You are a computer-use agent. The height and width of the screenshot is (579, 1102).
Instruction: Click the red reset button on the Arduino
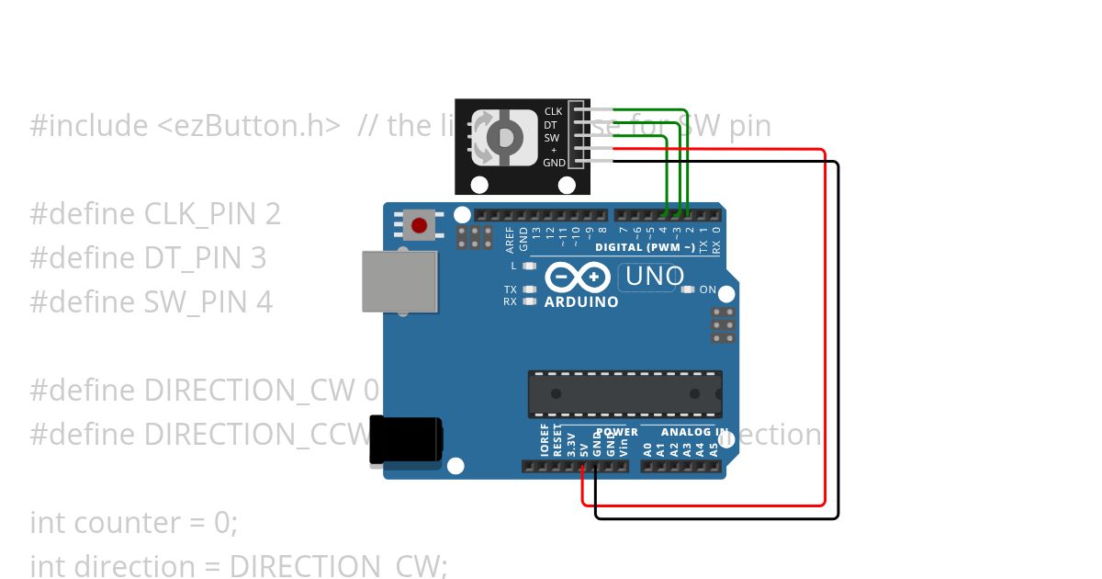coord(420,225)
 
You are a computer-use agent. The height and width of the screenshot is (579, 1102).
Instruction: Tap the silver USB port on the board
coord(399,281)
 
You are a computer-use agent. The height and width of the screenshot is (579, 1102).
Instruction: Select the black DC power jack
coord(405,440)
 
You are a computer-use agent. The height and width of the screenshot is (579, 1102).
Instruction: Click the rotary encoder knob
coord(504,137)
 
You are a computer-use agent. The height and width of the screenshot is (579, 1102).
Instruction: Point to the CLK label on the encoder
coord(553,111)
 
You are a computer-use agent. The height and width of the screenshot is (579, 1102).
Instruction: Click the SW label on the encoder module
coord(552,138)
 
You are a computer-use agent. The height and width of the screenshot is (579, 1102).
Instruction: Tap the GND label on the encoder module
coord(554,163)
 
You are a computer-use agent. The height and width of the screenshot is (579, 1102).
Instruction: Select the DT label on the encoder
coord(551,124)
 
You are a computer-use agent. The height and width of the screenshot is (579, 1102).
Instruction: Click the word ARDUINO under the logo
coord(581,301)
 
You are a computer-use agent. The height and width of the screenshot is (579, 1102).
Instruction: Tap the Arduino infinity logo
coord(578,277)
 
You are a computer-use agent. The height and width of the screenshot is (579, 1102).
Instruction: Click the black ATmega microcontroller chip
coord(624,393)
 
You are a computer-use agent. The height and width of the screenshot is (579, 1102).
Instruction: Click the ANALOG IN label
coord(696,432)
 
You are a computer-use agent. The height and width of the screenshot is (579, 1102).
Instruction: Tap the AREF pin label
coord(511,238)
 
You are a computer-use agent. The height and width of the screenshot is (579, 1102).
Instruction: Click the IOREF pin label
coord(545,441)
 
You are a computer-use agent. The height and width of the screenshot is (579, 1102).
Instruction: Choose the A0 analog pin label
coord(648,449)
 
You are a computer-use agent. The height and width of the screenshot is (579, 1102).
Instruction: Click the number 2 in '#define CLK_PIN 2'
coord(272,214)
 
